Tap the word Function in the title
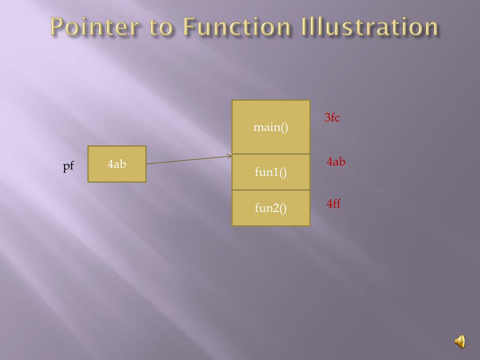tap(237, 27)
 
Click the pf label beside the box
tap(68, 166)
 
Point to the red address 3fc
tap(332, 118)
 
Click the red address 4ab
tap(336, 162)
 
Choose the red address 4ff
tap(333, 203)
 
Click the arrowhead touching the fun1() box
tap(230, 157)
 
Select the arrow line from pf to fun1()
tap(187, 160)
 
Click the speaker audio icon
tap(460, 342)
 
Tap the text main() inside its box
tap(271, 127)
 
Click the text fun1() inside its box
tap(271, 172)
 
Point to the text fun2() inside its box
tap(271, 208)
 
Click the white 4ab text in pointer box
tap(117, 164)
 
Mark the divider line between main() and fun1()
tap(271, 154)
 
